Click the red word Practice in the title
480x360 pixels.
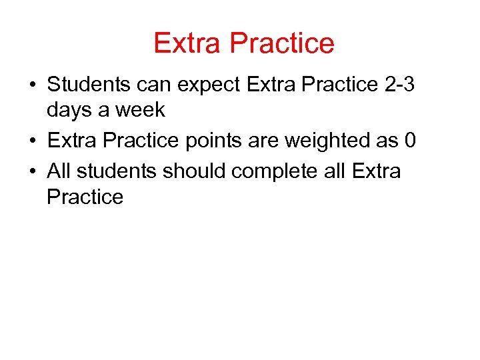pos(282,43)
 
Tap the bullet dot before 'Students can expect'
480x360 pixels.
pos(32,86)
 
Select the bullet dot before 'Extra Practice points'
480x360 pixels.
pos(32,141)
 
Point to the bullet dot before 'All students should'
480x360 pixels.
pos(32,172)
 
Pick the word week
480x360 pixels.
pos(140,111)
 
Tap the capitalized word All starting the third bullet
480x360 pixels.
pos(59,171)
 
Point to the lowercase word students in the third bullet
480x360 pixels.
pos(117,171)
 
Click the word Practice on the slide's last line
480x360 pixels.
pos(85,197)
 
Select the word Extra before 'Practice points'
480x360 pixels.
pos(72,141)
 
